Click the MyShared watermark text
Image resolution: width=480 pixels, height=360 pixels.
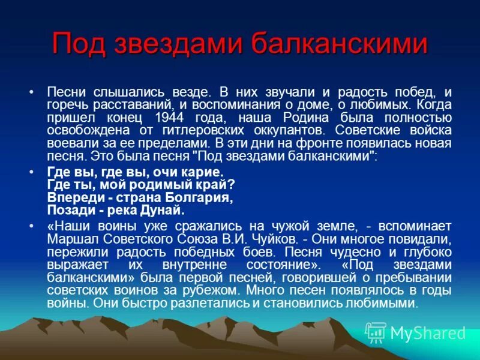[427, 333]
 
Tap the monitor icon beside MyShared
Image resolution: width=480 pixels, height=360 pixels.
[376, 332]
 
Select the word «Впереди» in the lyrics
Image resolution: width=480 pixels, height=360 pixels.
[70, 197]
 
